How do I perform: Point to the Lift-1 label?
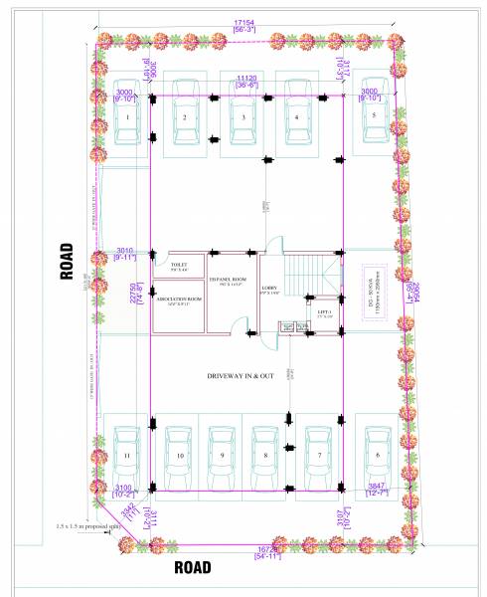pos(324,312)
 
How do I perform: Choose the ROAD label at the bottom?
pos(192,568)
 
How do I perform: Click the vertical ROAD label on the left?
pos(67,261)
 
